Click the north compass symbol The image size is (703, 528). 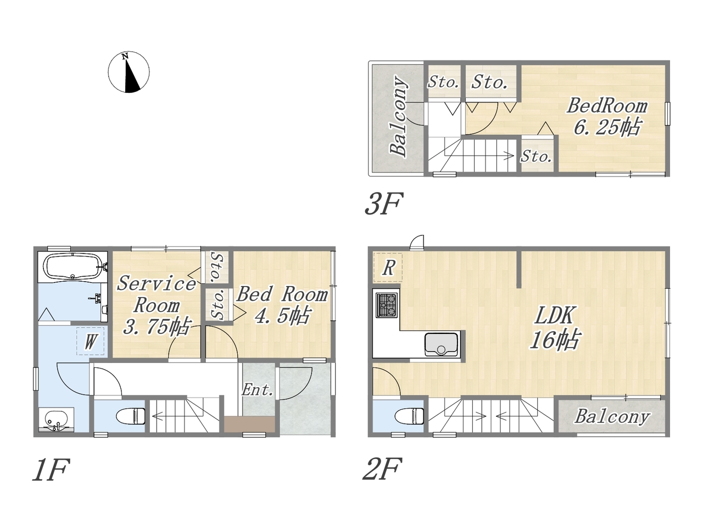tap(129, 72)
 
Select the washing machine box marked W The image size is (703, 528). tap(90, 341)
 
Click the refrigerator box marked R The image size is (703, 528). tap(388, 267)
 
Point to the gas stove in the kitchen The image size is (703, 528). tap(387, 305)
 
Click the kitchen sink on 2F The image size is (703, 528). tap(441, 344)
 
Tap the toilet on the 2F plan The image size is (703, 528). tap(409, 416)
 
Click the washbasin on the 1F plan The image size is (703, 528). tap(57, 420)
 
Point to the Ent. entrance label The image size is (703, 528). tap(257, 390)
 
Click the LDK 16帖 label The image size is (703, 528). tap(555, 327)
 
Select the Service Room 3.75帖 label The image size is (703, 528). tap(157, 305)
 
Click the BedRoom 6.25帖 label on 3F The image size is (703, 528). tap(607, 117)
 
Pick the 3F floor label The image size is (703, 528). tap(383, 204)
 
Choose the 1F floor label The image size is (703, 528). tap(51, 470)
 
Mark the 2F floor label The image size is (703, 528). tap(382, 469)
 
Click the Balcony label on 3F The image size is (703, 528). tap(399, 116)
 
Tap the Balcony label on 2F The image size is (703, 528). tap(612, 417)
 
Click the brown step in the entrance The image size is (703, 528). tap(249, 424)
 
